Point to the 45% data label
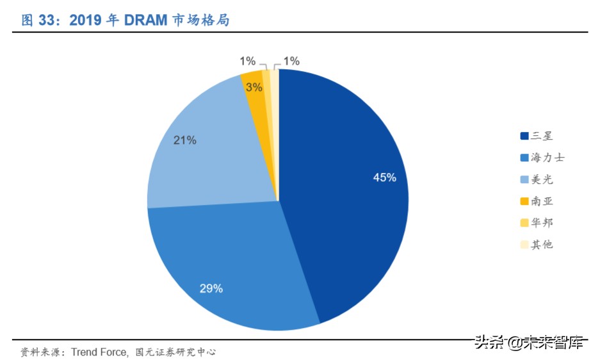[385, 177]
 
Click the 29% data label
[211, 288]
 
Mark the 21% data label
[185, 140]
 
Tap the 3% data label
[254, 87]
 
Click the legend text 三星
[541, 135]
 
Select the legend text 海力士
[547, 157]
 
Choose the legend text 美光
[541, 179]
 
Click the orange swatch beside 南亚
[524, 201]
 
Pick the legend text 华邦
[541, 222]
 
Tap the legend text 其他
[541, 244]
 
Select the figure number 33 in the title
[46, 20]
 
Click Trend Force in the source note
[99, 352]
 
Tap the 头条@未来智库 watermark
[529, 342]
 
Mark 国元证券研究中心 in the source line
[176, 352]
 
